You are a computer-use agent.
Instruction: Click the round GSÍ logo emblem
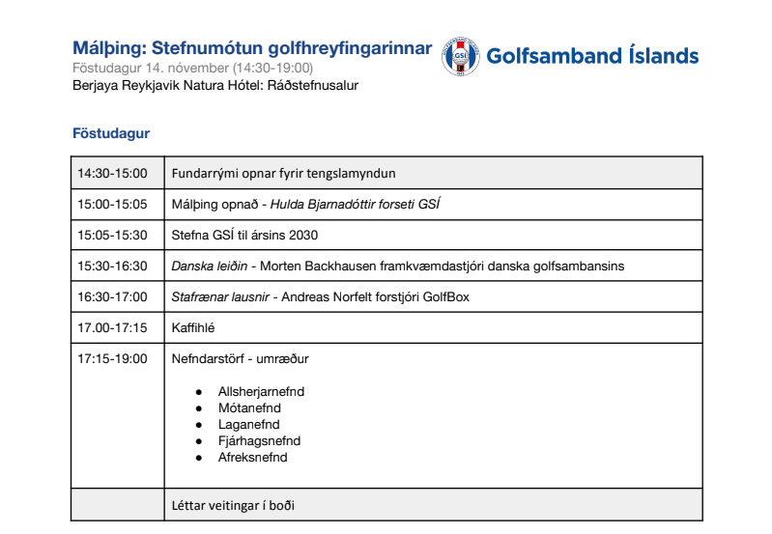(x=460, y=56)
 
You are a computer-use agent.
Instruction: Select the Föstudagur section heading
(x=111, y=133)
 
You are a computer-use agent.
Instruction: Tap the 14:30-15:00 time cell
(x=112, y=174)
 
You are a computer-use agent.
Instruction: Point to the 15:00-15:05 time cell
(x=112, y=205)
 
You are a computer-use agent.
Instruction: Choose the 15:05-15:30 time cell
(x=112, y=235)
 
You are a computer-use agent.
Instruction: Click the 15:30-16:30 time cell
(x=112, y=266)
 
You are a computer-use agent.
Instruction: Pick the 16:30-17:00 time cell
(x=112, y=296)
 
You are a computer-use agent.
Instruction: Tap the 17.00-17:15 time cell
(x=112, y=327)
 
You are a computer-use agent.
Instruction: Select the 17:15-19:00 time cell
(x=112, y=358)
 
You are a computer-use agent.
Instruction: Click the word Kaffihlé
(x=192, y=327)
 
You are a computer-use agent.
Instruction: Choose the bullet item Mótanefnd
(x=249, y=408)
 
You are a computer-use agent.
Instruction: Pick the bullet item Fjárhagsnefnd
(x=259, y=441)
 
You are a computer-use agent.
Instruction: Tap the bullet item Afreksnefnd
(x=252, y=458)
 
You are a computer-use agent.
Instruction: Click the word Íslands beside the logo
(x=662, y=56)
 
